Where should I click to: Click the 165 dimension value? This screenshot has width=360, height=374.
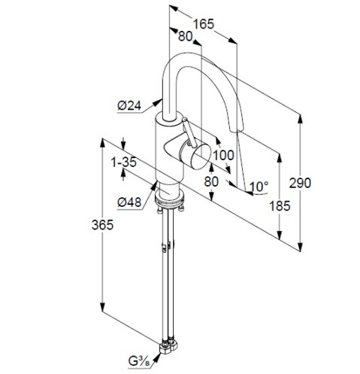[204, 24]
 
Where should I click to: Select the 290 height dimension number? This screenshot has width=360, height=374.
[300, 183]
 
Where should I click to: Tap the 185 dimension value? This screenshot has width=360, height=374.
[280, 206]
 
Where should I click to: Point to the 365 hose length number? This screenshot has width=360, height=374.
[102, 225]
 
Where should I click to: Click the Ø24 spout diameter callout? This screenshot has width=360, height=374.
[129, 106]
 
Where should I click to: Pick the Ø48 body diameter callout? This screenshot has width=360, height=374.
[129, 202]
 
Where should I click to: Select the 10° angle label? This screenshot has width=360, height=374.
[259, 187]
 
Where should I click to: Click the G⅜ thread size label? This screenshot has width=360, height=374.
[139, 361]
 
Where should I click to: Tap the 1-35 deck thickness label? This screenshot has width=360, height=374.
[124, 163]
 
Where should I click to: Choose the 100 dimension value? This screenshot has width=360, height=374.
[223, 155]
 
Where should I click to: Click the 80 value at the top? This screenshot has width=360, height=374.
[185, 36]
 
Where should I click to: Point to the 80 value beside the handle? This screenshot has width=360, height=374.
[211, 181]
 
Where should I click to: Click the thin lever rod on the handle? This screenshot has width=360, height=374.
[189, 132]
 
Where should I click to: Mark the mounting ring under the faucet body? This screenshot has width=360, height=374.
[170, 196]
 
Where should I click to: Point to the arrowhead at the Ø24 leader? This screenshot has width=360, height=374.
[158, 102]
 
